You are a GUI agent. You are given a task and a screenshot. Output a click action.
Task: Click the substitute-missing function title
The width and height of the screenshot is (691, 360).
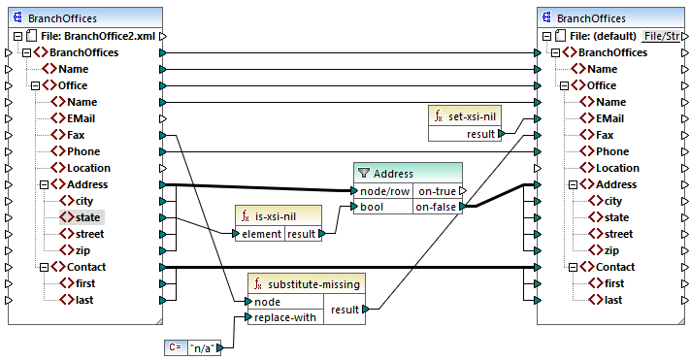click(308, 284)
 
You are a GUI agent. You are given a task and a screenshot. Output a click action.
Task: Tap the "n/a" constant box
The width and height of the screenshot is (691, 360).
click(203, 347)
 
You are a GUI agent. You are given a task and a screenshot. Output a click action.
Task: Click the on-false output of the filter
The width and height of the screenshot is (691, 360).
click(437, 207)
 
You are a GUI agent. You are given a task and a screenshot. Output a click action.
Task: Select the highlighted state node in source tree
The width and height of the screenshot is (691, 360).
click(89, 217)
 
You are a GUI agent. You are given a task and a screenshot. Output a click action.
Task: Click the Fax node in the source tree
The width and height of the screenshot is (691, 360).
click(80, 135)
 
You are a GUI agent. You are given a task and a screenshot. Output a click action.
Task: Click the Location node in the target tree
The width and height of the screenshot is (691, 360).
click(617, 168)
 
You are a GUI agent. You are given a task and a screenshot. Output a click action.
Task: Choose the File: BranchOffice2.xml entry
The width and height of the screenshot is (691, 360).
click(90, 36)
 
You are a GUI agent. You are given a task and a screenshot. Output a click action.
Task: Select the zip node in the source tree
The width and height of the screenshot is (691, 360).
click(85, 250)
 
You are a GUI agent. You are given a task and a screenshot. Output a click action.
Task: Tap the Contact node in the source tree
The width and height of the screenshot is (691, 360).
click(85, 267)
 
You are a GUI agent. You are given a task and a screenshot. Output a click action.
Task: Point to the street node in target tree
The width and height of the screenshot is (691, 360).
click(619, 234)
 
